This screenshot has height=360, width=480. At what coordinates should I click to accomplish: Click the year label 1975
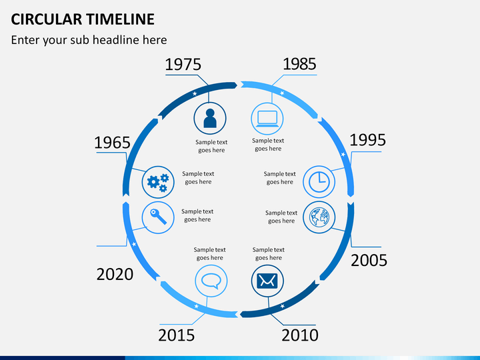(x=183, y=65)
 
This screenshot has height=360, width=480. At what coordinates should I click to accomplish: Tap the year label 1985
(x=299, y=64)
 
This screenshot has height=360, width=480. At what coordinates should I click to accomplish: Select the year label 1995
(x=367, y=140)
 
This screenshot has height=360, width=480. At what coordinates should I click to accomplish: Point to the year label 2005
(x=369, y=260)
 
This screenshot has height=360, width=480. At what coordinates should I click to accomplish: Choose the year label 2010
(x=299, y=335)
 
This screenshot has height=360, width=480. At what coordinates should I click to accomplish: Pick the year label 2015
(x=177, y=335)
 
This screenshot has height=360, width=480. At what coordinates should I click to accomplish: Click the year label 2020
(x=115, y=274)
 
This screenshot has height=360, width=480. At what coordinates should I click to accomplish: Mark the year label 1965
(x=112, y=143)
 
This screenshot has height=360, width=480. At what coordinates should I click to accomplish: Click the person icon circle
(x=211, y=118)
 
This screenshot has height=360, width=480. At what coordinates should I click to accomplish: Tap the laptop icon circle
(x=267, y=118)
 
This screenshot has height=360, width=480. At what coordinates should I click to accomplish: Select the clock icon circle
(x=319, y=181)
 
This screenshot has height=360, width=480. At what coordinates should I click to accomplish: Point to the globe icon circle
(x=319, y=217)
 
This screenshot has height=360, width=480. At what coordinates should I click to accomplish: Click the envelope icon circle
(x=267, y=281)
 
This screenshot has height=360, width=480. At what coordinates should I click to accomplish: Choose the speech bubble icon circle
(x=211, y=281)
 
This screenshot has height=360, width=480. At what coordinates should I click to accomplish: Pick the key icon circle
(x=159, y=217)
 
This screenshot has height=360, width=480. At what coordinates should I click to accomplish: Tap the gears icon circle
(x=159, y=181)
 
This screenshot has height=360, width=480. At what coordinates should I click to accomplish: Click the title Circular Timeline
(x=83, y=19)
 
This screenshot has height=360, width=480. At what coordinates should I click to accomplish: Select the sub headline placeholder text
(x=89, y=40)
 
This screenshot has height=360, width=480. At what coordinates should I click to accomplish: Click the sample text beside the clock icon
(x=280, y=178)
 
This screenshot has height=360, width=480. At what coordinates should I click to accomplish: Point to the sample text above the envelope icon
(x=268, y=254)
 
